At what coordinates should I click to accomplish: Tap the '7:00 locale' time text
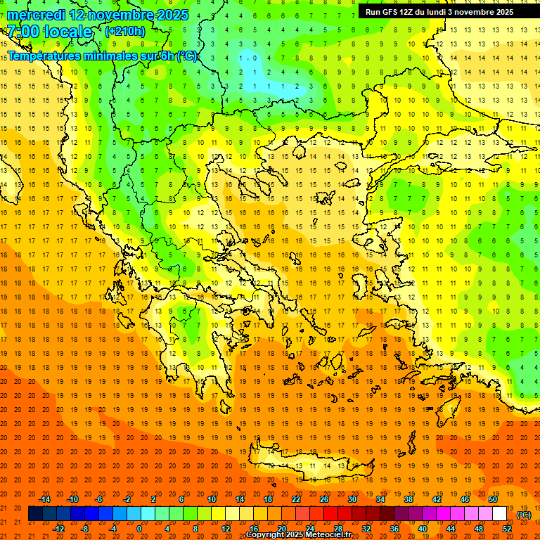click(x=49, y=32)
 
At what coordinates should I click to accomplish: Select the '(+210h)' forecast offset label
click(x=124, y=31)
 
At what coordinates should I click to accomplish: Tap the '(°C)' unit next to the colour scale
click(x=524, y=515)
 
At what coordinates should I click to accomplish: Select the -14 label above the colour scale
click(x=44, y=499)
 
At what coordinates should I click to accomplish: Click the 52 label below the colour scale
click(x=507, y=529)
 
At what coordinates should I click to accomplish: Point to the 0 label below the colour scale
click(x=139, y=529)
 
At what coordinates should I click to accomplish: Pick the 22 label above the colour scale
click(x=296, y=499)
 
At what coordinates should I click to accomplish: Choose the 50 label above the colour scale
click(x=493, y=499)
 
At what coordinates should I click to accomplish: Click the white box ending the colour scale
click(x=499, y=514)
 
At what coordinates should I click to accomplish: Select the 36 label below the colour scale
click(x=394, y=529)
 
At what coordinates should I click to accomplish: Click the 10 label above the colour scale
click(x=212, y=499)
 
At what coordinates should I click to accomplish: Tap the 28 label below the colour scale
click(x=337, y=529)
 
